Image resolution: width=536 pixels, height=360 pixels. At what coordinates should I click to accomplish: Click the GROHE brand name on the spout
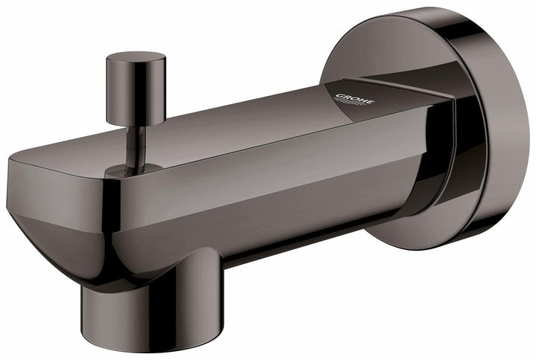(355, 99)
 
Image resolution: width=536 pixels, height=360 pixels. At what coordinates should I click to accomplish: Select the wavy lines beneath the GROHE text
(357, 107)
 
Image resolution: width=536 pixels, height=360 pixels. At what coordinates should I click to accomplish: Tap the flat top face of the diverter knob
(135, 57)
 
